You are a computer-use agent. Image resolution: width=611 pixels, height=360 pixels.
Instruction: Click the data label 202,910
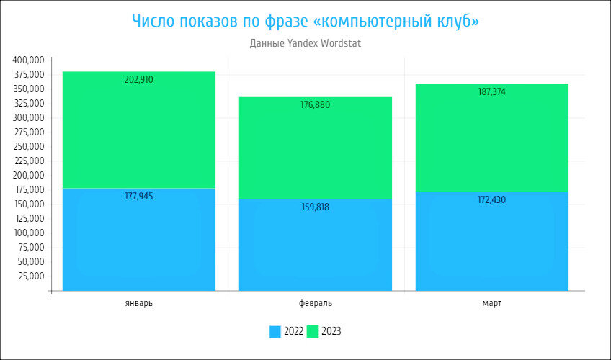pyautogui.click(x=139, y=80)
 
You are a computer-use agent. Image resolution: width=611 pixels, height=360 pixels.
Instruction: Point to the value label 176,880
pyautogui.click(x=316, y=105)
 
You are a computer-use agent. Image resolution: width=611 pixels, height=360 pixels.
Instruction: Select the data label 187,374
pyautogui.click(x=492, y=92)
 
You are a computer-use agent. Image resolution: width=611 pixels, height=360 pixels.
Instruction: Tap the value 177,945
pyautogui.click(x=139, y=196)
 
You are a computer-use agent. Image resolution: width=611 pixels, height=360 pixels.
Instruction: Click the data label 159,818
pyautogui.click(x=316, y=207)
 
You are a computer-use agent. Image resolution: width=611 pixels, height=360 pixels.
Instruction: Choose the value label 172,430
pyautogui.click(x=492, y=199)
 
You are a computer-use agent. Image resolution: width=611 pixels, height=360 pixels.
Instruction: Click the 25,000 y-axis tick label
pyautogui.click(x=31, y=276)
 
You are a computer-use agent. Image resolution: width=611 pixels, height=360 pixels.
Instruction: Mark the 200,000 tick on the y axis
pyautogui.click(x=29, y=176)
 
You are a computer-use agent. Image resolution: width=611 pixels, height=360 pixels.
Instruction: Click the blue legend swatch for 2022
pyautogui.click(x=275, y=332)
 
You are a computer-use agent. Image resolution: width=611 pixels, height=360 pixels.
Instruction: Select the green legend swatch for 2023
pyautogui.click(x=313, y=332)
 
